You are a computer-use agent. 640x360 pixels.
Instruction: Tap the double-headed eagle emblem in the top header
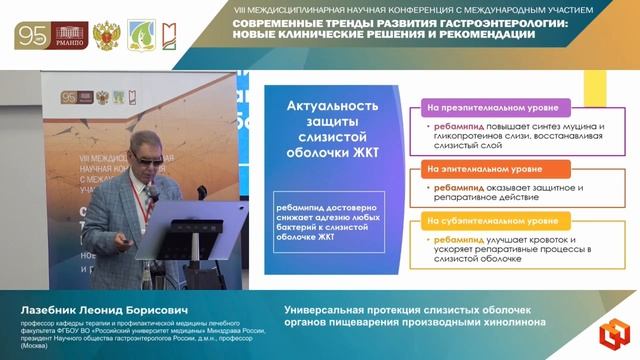104,35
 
